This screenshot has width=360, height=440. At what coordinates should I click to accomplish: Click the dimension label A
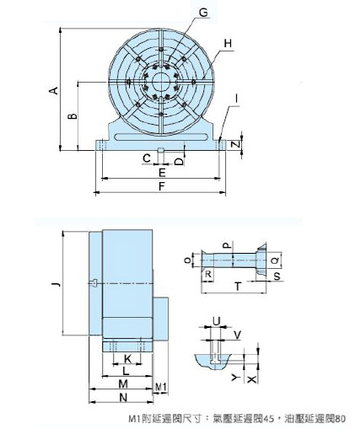pyautogui.click(x=54, y=90)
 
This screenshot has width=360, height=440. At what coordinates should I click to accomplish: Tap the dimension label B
pyautogui.click(x=73, y=116)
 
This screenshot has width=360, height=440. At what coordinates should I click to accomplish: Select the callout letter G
pyautogui.click(x=202, y=13)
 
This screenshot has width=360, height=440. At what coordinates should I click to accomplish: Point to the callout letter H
pyautogui.click(x=228, y=44)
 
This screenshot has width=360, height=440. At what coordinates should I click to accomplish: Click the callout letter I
pyautogui.click(x=237, y=99)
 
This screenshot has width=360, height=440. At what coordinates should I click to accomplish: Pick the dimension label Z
pyautogui.click(x=237, y=143)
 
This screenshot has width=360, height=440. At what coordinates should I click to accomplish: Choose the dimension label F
pyautogui.click(x=162, y=186)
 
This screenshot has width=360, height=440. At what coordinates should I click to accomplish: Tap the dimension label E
pyautogui.click(x=162, y=172)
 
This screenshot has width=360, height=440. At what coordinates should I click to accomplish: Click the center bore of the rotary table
pyautogui.click(x=161, y=82)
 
